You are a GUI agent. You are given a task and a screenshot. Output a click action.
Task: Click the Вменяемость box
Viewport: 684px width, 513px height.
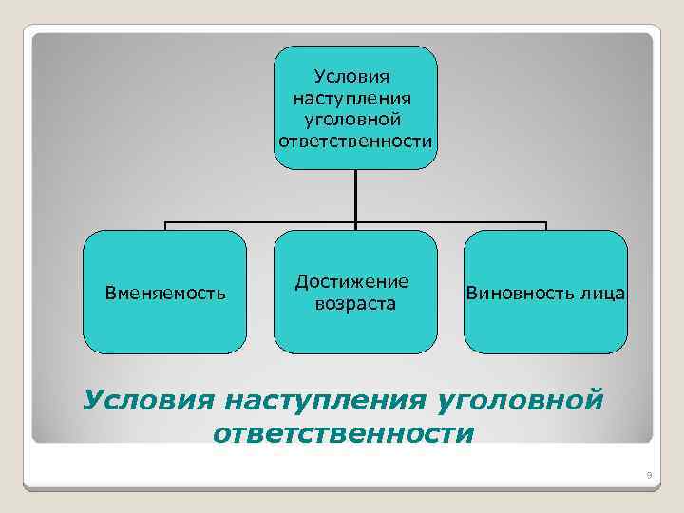[165, 323]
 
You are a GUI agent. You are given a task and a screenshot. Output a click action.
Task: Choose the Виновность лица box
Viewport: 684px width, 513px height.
[545, 328]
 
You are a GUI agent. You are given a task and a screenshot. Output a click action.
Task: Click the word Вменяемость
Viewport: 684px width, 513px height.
[165, 293]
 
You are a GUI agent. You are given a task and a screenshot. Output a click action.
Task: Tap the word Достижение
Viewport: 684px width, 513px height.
[352, 281]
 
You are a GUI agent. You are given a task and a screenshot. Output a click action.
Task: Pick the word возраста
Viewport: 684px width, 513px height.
[356, 304]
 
